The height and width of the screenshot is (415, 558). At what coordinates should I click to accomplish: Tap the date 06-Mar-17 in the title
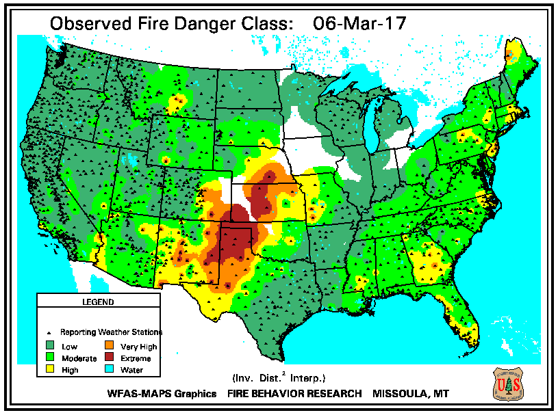[x=359, y=23]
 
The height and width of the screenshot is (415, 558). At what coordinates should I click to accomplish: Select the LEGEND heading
[x=98, y=302]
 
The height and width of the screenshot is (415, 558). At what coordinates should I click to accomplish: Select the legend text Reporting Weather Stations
[x=112, y=332]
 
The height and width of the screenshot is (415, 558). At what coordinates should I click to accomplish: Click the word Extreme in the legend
[x=136, y=358]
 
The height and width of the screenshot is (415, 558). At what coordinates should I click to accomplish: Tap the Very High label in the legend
[x=138, y=347]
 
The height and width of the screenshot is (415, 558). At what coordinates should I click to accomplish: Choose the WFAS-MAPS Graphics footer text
[x=162, y=394]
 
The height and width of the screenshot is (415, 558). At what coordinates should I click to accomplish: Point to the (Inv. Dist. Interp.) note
[x=278, y=377]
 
